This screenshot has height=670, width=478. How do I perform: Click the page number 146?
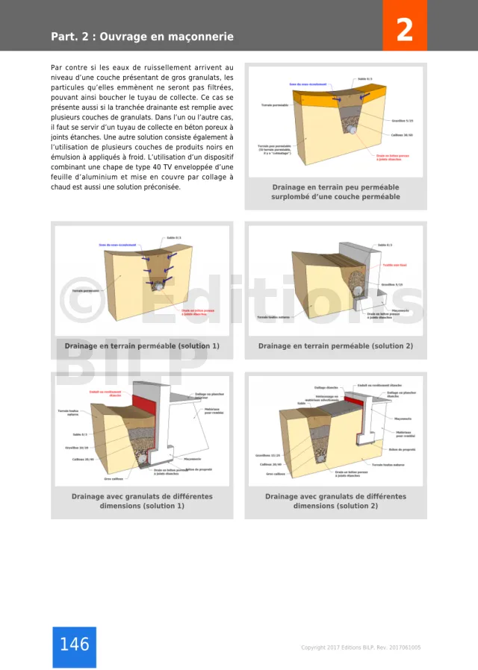point(74,645)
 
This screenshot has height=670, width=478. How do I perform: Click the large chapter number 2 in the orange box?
point(404,31)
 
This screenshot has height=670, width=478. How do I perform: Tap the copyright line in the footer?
point(360,648)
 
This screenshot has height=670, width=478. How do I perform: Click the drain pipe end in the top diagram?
point(350,128)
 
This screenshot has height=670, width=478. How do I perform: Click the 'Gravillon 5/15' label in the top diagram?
point(402,120)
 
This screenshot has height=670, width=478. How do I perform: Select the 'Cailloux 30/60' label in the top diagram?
point(402,135)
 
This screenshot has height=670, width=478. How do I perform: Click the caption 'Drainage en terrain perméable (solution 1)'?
point(142,346)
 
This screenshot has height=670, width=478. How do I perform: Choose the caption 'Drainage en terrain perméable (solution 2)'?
point(335,346)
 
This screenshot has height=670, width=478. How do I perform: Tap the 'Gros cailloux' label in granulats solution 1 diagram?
point(113,478)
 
